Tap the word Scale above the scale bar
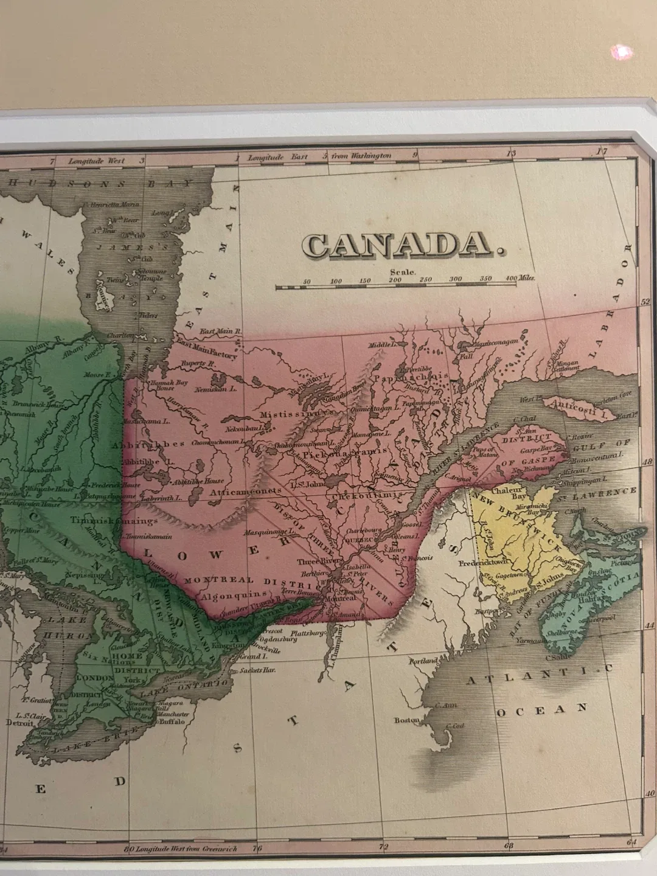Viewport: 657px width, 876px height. coord(402,272)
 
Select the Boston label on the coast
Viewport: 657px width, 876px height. coord(407,720)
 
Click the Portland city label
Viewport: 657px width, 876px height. coord(423,661)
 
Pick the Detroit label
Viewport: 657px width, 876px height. coord(20,723)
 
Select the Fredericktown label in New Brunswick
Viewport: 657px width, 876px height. coord(484,563)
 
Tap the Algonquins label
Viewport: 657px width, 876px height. coord(234,594)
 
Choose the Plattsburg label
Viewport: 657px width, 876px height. coord(308,633)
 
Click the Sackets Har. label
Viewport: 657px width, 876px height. coord(257,670)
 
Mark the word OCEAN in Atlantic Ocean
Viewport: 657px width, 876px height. coord(541,710)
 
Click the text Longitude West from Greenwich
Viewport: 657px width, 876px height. coord(182,849)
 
